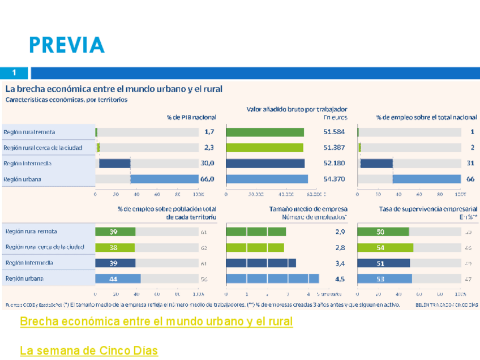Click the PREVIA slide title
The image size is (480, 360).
click(67, 45)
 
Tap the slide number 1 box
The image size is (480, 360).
click(15, 73)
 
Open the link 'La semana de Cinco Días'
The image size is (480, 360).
click(88, 351)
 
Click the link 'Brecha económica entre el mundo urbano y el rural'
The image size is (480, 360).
click(156, 322)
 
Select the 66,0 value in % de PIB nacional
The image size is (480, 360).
click(208, 179)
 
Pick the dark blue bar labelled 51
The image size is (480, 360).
click(384, 263)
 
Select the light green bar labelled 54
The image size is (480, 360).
click(385, 247)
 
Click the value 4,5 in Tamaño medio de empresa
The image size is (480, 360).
click(340, 279)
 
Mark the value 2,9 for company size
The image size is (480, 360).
click(340, 232)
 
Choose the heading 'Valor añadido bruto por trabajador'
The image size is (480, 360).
click(297, 109)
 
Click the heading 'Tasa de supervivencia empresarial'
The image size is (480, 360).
click(428, 209)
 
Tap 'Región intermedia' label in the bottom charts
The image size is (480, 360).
click(29, 263)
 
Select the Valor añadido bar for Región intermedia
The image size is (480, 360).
click(265, 164)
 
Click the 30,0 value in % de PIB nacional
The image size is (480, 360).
click(208, 164)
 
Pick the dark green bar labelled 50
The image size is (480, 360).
click(383, 232)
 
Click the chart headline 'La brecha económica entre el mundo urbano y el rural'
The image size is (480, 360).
click(114, 89)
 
